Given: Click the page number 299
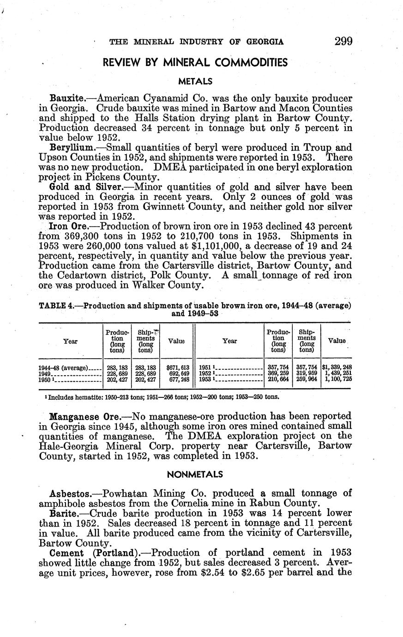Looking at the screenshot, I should click(343, 42).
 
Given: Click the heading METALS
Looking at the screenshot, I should click(195, 81).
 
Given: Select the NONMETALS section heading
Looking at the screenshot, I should click(195, 475).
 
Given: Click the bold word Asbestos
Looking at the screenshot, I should click(69, 493).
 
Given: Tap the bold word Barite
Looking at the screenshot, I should click(64, 513).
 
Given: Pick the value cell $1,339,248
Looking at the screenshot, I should click(337, 368).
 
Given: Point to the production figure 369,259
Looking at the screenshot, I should click(278, 373).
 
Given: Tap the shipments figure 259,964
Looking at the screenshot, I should click(306, 379).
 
